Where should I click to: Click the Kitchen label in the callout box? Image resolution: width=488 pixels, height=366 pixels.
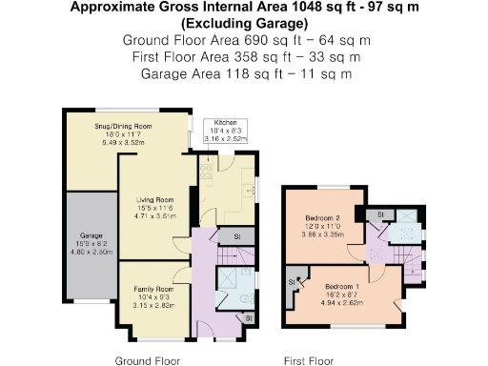point(225,123)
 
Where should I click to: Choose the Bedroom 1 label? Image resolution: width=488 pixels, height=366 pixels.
point(341,286)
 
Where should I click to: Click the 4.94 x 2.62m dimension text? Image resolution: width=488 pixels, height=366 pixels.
point(341,301)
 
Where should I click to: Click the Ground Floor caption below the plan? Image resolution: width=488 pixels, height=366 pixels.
point(147,361)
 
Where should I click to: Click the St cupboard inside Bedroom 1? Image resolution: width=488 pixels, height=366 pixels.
point(293,281)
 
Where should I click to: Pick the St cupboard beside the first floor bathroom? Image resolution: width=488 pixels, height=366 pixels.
point(378,213)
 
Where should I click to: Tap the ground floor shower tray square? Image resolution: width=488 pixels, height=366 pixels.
point(229,280)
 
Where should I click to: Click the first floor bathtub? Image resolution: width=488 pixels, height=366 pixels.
point(406,227)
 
